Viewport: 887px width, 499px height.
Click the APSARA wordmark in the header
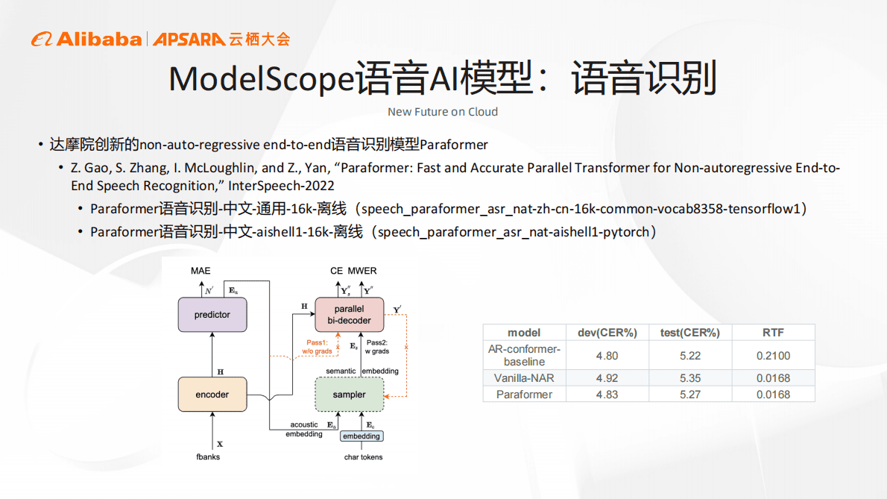(189, 40)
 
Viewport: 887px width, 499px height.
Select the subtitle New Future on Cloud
(443, 112)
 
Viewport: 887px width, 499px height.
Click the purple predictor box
(212, 315)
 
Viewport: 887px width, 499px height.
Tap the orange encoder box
(212, 394)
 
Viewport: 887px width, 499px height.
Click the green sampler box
(350, 394)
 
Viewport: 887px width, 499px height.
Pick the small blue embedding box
(362, 436)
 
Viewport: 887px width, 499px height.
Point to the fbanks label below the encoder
(208, 456)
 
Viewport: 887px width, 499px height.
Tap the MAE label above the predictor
(201, 271)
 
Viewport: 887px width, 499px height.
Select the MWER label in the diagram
(362, 271)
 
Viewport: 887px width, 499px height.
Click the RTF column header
(773, 333)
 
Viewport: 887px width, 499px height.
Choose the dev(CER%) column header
(607, 333)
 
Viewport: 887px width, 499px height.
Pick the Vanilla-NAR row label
(524, 378)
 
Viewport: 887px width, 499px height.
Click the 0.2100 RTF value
(773, 356)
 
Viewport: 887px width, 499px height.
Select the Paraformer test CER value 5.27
(689, 395)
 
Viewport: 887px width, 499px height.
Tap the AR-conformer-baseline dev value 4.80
(607, 356)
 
